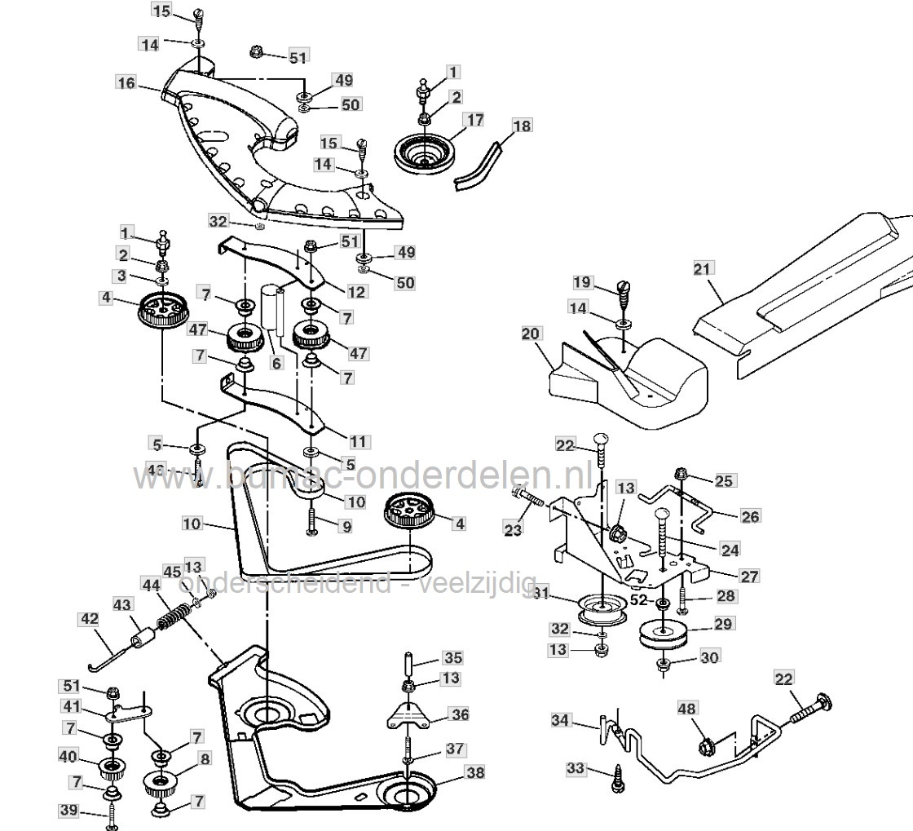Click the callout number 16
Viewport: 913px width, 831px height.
coord(126,83)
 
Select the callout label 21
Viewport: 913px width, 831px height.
coord(703,268)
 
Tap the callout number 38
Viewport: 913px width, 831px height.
coord(474,771)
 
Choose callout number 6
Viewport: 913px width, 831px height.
coord(277,364)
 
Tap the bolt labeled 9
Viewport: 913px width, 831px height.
coord(314,521)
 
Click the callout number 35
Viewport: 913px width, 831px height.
coord(452,656)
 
